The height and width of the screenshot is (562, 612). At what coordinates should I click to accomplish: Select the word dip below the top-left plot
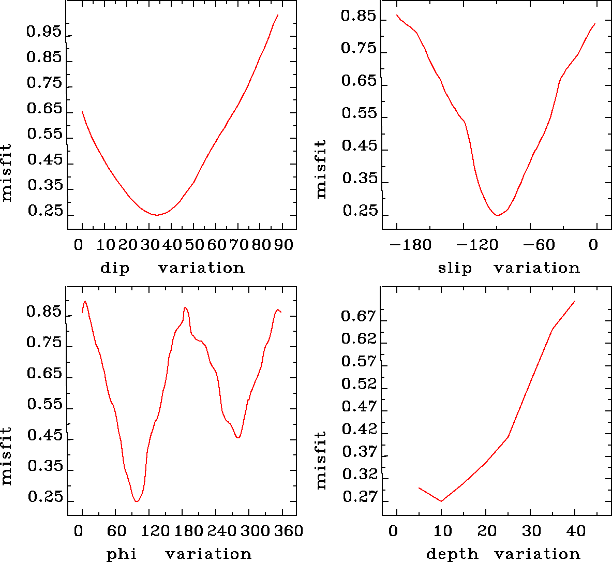click(114, 268)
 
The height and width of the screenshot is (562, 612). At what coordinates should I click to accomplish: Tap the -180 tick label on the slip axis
click(410, 245)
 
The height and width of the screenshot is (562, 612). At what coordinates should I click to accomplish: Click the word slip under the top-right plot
click(455, 268)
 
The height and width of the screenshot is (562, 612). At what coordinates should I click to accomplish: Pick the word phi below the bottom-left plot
click(122, 554)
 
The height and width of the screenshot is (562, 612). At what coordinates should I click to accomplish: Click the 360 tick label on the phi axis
click(287, 531)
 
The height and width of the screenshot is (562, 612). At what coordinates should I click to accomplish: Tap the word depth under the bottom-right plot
click(452, 554)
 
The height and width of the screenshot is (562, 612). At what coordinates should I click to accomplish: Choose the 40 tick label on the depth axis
click(575, 531)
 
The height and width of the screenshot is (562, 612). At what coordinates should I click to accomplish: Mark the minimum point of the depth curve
click(441, 501)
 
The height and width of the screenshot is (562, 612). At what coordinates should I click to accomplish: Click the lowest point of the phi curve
click(137, 501)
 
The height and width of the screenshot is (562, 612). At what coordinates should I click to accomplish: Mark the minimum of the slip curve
click(497, 215)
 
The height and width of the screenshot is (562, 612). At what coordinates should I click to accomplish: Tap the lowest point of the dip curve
click(157, 215)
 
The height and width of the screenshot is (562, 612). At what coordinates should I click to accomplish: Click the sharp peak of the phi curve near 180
click(185, 308)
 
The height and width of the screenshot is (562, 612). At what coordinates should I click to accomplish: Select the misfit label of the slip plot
click(321, 169)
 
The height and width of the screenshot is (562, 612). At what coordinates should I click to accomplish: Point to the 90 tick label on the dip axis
click(283, 245)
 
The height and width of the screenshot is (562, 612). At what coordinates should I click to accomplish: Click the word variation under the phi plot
click(208, 554)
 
